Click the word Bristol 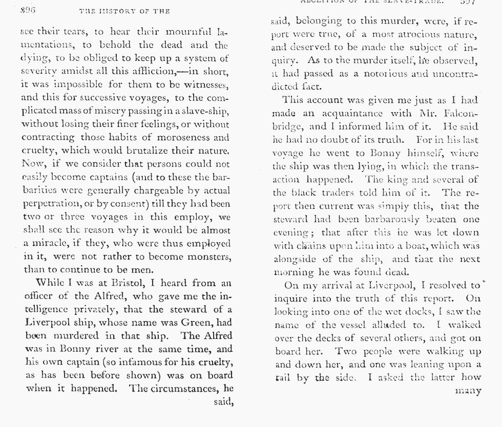click(127, 283)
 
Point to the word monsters click(207, 256)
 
